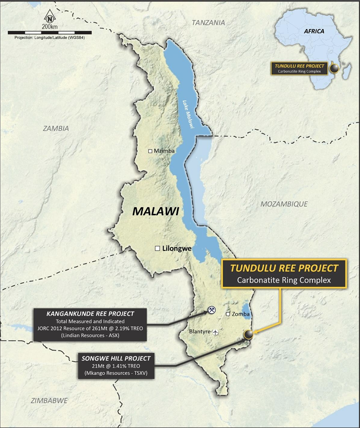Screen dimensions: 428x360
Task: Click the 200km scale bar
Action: (x=49, y=33)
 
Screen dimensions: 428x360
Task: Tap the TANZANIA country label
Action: (x=208, y=23)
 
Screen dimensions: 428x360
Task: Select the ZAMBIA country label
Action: (x=56, y=128)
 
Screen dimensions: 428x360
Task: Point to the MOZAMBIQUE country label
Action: (x=284, y=204)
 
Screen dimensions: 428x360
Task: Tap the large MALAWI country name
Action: (x=155, y=211)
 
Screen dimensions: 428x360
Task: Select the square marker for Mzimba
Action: (x=150, y=151)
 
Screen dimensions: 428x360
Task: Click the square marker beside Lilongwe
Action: (x=157, y=248)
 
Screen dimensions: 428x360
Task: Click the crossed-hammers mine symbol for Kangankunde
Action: (x=211, y=309)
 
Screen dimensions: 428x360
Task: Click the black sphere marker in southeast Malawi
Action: (x=249, y=335)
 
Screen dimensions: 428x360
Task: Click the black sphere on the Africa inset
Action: (x=335, y=68)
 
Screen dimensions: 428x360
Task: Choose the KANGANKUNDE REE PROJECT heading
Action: (x=90, y=314)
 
